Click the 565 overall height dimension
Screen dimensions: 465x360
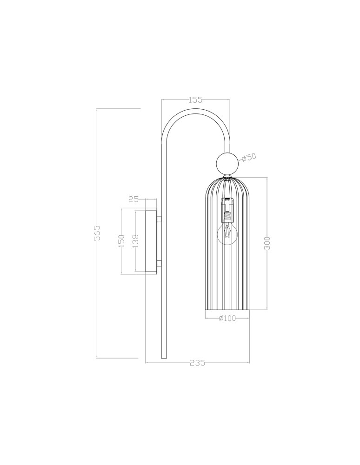[98, 233]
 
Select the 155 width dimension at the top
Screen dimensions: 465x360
[196, 100]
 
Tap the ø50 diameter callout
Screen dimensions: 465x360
[250, 157]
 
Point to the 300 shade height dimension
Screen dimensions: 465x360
[267, 243]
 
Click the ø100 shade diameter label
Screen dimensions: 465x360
[227, 319]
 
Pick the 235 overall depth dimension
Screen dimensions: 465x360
[198, 363]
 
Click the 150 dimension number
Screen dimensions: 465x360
[121, 241]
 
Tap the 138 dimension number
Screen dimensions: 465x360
[135, 241]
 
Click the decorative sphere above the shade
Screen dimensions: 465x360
[227, 163]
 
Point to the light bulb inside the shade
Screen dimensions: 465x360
[227, 235]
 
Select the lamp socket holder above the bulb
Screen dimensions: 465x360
[227, 209]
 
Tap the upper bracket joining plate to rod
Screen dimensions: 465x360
[159, 218]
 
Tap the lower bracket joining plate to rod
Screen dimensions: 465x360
[159, 264]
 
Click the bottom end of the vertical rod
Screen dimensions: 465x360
[163, 357]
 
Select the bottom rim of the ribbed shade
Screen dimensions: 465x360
[227, 309]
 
